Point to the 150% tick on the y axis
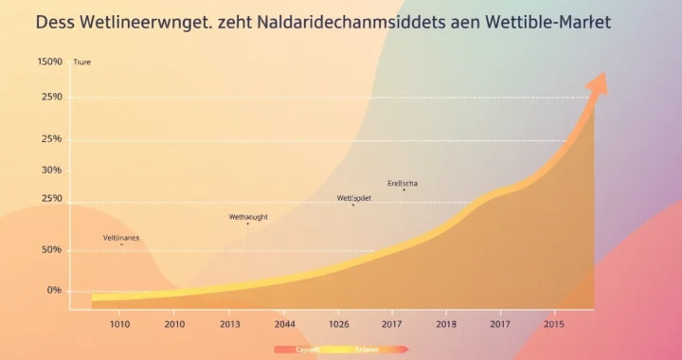(49, 62)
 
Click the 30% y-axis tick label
(49, 170)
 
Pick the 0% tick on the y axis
(53, 290)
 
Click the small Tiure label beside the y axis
(82, 63)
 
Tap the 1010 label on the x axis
(119, 325)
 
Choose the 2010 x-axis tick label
(174, 325)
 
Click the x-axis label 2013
(230, 325)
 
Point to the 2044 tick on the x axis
(285, 325)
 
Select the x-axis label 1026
(340, 325)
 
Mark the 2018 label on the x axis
(447, 325)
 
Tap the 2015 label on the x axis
(555, 325)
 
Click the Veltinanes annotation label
(121, 237)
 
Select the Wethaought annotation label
(248, 217)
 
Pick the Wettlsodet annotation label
(354, 198)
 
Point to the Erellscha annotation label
(404, 183)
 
